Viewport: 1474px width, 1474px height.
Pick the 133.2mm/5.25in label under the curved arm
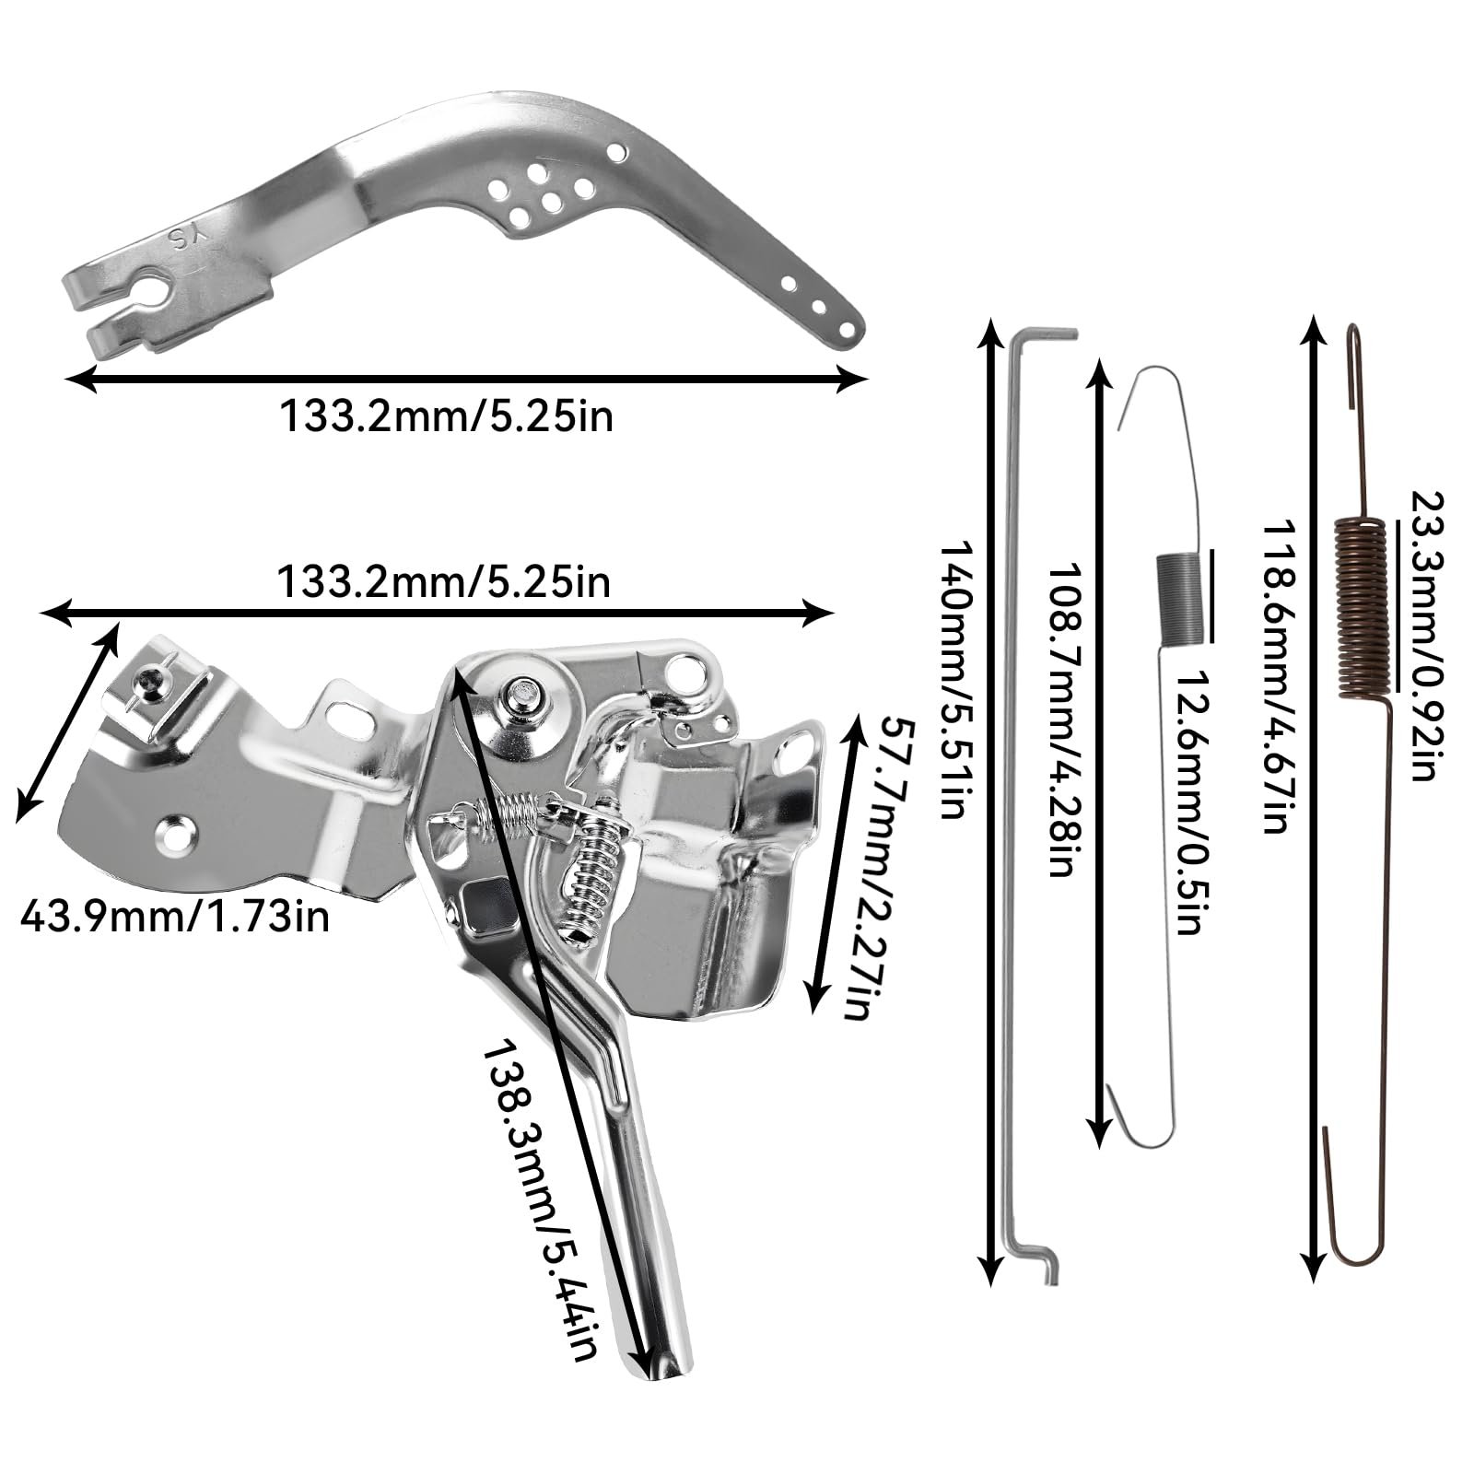[x=446, y=417]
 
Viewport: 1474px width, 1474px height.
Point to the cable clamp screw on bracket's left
[x=148, y=683]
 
